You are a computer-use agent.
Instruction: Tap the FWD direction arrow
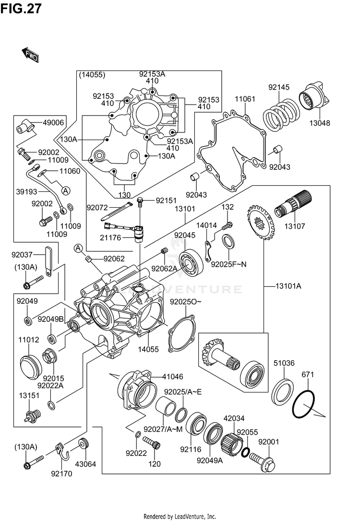pos(30,54)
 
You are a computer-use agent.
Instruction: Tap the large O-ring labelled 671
pos(303,405)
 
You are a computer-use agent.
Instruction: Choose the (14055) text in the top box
pos(93,75)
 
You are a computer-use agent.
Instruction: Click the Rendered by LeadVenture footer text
pos(180,516)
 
